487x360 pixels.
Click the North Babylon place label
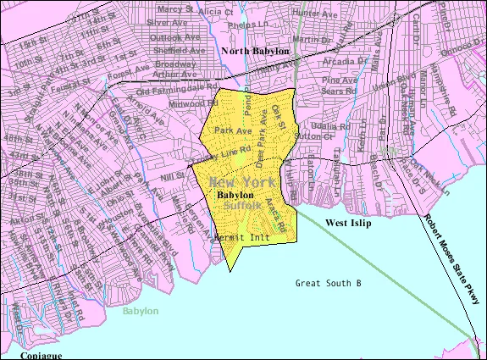point(255,52)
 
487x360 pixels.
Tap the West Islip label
point(350,222)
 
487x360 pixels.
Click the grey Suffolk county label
point(242,205)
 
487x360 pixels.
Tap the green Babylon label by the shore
point(140,312)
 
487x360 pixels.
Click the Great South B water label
point(329,283)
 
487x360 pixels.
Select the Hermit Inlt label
point(242,238)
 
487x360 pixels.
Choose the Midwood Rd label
point(188,102)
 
